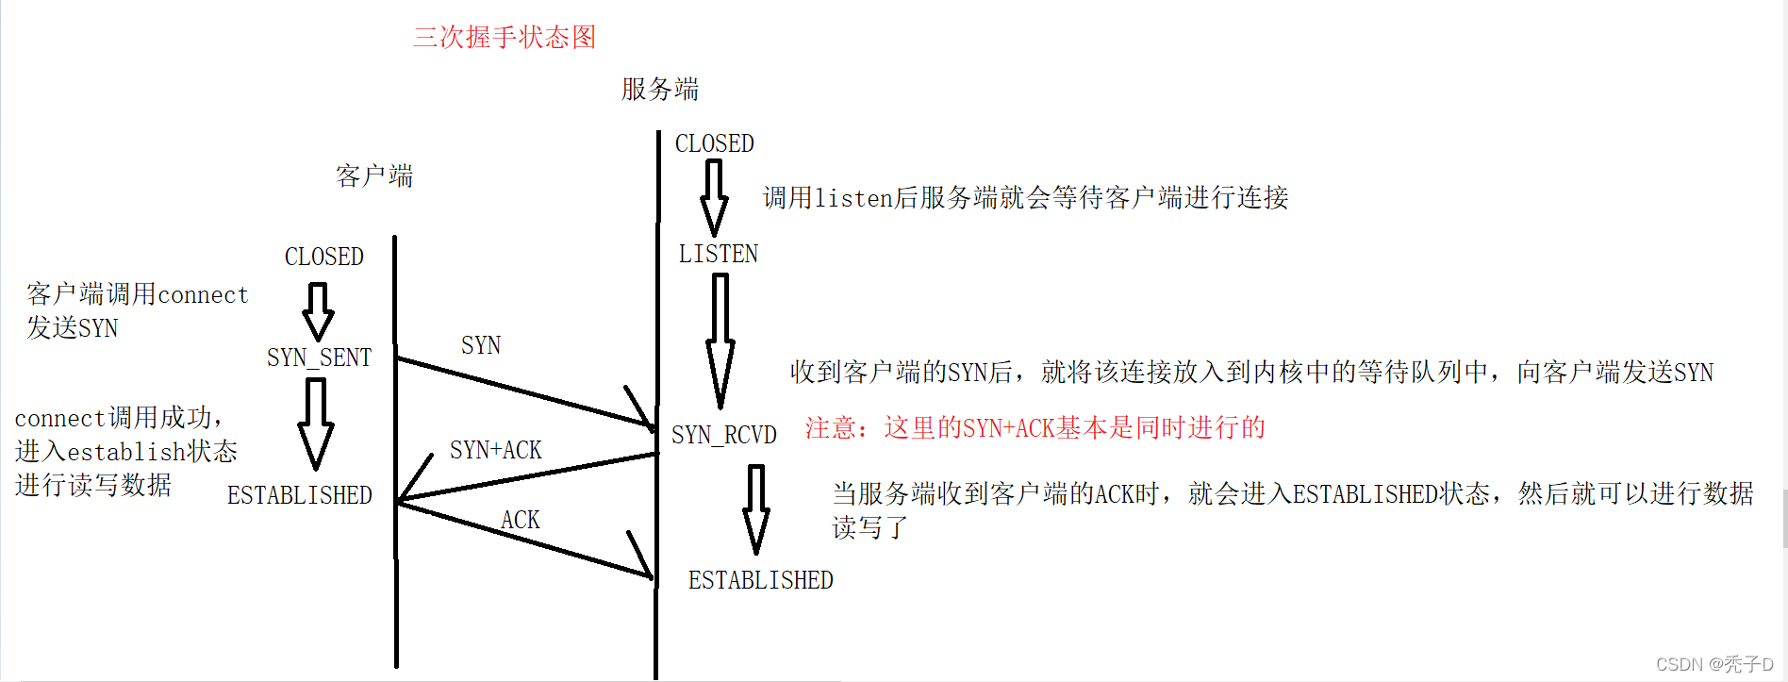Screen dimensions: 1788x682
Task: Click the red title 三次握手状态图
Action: point(505,38)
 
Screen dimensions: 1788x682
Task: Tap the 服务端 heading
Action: point(660,90)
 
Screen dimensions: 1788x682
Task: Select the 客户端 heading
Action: point(374,176)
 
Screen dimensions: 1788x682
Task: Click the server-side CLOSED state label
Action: point(714,144)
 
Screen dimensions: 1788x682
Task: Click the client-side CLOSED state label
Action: point(323,257)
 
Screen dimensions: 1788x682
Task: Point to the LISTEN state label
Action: point(718,255)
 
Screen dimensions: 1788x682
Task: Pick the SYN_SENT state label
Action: point(319,358)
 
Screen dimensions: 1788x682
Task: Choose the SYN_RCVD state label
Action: point(723,435)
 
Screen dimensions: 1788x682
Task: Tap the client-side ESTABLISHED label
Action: point(299,495)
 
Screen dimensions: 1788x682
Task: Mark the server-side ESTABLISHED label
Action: point(760,580)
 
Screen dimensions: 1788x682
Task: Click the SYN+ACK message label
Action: point(495,451)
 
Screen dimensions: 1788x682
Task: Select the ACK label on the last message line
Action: point(520,520)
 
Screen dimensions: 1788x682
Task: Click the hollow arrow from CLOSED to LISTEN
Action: point(714,197)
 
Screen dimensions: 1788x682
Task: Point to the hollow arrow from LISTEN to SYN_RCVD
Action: point(720,340)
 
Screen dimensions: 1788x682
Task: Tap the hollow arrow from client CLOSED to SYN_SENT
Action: point(318,311)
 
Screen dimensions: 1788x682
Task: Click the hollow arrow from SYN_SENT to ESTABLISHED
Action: point(316,424)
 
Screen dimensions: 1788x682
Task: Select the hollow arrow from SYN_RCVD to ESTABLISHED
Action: point(756,508)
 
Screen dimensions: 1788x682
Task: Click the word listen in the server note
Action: point(853,198)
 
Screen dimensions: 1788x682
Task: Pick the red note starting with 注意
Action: point(1035,428)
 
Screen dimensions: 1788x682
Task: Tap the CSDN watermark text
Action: point(1713,664)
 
